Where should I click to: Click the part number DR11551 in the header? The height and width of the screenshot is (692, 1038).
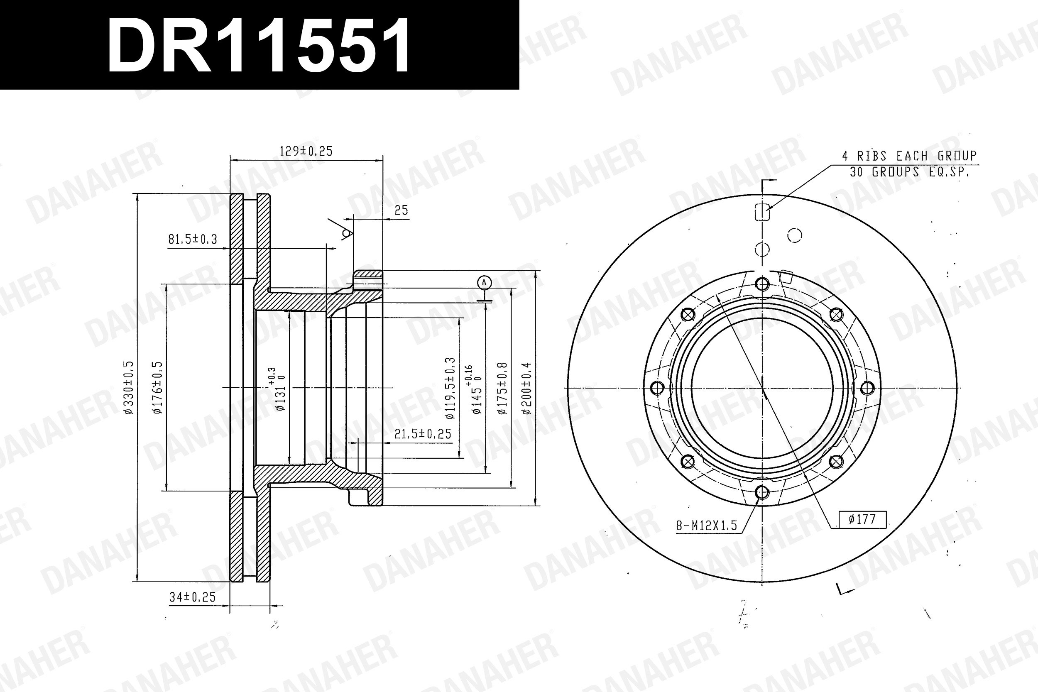259,46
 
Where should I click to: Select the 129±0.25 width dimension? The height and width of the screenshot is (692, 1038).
306,151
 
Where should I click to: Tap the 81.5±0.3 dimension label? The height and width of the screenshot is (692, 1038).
193,239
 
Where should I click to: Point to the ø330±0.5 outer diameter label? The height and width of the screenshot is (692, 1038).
128,387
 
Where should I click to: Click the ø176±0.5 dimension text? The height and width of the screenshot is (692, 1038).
157,387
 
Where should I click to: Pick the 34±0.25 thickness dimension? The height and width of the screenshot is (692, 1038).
192,597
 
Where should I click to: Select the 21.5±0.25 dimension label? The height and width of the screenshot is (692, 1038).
423,434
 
